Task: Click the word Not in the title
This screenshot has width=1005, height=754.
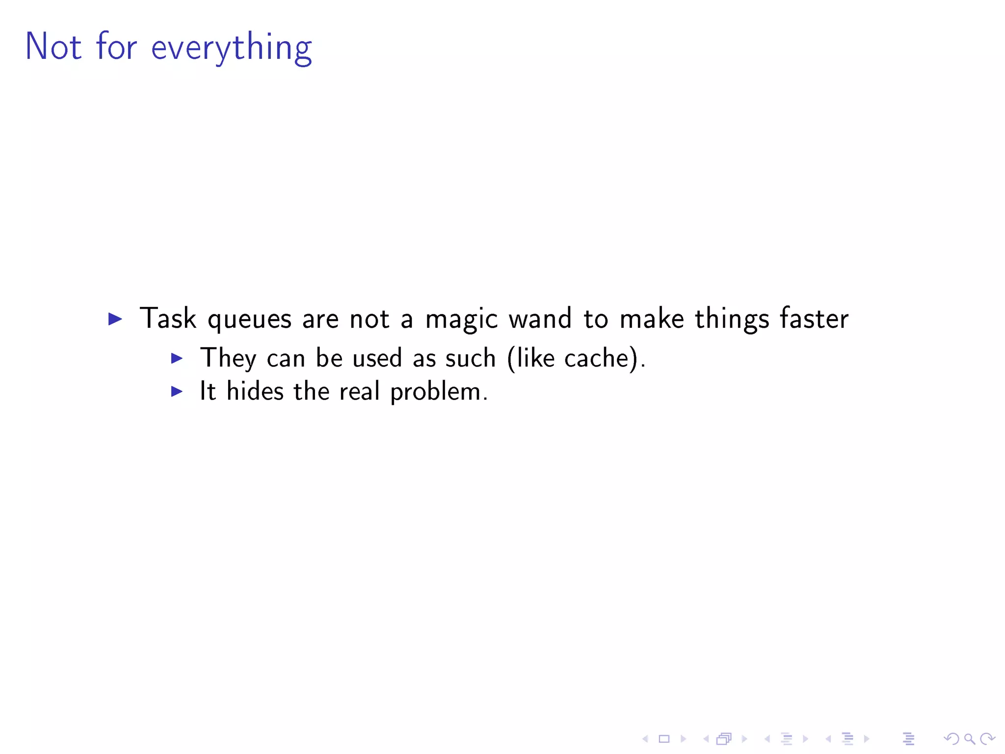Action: click(x=53, y=47)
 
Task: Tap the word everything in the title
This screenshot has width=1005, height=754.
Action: click(x=231, y=48)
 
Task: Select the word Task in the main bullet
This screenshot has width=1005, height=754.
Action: click(x=168, y=319)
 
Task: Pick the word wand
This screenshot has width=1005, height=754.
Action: click(x=540, y=319)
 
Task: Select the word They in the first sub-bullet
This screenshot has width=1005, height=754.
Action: click(x=228, y=358)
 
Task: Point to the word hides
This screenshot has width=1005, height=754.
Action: click(x=255, y=391)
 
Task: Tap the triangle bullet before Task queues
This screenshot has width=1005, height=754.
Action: click(x=115, y=319)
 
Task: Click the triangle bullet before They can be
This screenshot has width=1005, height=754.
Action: click(x=177, y=358)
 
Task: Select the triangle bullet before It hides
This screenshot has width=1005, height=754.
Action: click(x=177, y=391)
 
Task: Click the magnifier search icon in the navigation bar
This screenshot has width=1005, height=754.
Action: click(x=969, y=738)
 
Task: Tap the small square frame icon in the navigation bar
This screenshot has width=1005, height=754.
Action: click(x=664, y=738)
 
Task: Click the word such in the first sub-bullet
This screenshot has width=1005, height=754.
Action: click(x=470, y=358)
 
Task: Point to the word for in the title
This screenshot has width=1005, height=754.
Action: click(x=116, y=47)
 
